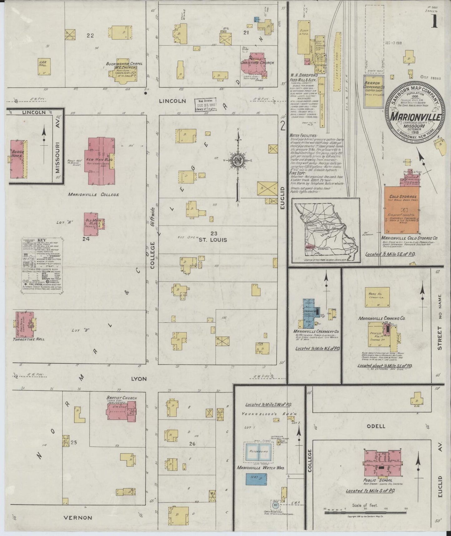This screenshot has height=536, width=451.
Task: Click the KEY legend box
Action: coord(42,266)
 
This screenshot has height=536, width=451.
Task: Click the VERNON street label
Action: coord(78,518)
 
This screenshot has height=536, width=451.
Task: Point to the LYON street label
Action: coord(138,378)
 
